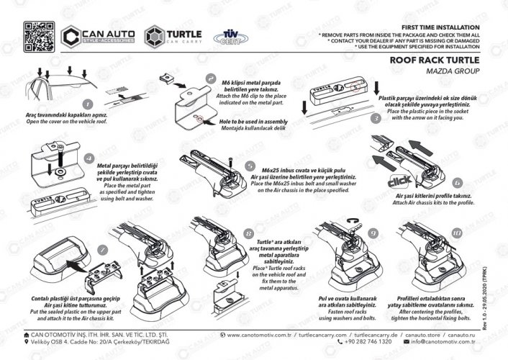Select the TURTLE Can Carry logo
(x=173, y=37)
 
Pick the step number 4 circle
(x=89, y=158)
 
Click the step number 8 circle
(x=248, y=234)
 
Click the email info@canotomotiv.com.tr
(x=445, y=342)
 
